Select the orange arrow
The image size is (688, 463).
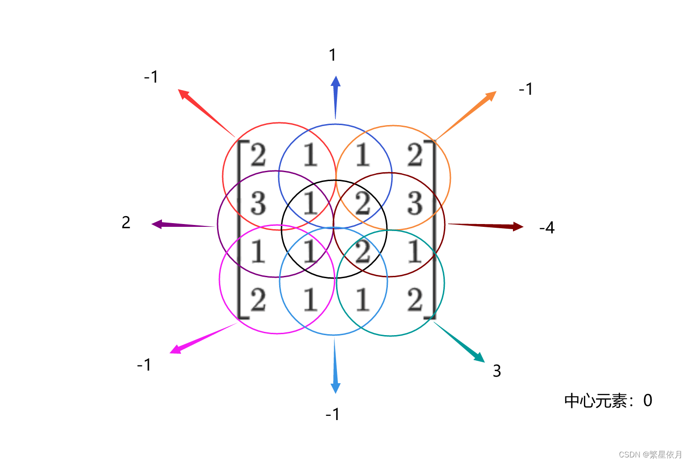467,115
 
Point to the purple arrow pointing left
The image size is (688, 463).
182,225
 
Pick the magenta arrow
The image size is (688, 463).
203,337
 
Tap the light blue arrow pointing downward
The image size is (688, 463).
335,366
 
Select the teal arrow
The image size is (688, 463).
459,342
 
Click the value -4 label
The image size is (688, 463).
547,228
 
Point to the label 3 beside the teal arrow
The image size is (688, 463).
497,371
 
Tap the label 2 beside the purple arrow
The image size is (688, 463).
126,223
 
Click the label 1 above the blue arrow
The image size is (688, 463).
332,55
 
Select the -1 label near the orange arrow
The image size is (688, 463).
526,89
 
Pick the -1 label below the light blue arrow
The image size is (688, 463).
332,414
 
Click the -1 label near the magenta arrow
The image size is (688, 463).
144,365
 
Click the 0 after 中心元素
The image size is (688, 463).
647,400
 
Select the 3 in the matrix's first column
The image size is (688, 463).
258,203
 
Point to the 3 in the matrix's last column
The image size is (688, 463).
414,203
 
